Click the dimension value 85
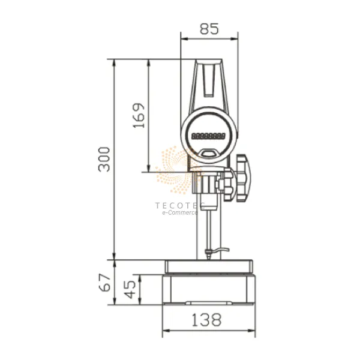pos(209,29)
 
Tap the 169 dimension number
pos(139,115)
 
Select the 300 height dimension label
pos(104,160)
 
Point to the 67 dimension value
pos(106,283)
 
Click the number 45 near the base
pos(130,289)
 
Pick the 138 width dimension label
pos(206,320)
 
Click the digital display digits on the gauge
pos(208,136)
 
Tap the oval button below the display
pos(208,153)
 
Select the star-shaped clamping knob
pos(244,178)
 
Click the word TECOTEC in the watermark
pos(180,205)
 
